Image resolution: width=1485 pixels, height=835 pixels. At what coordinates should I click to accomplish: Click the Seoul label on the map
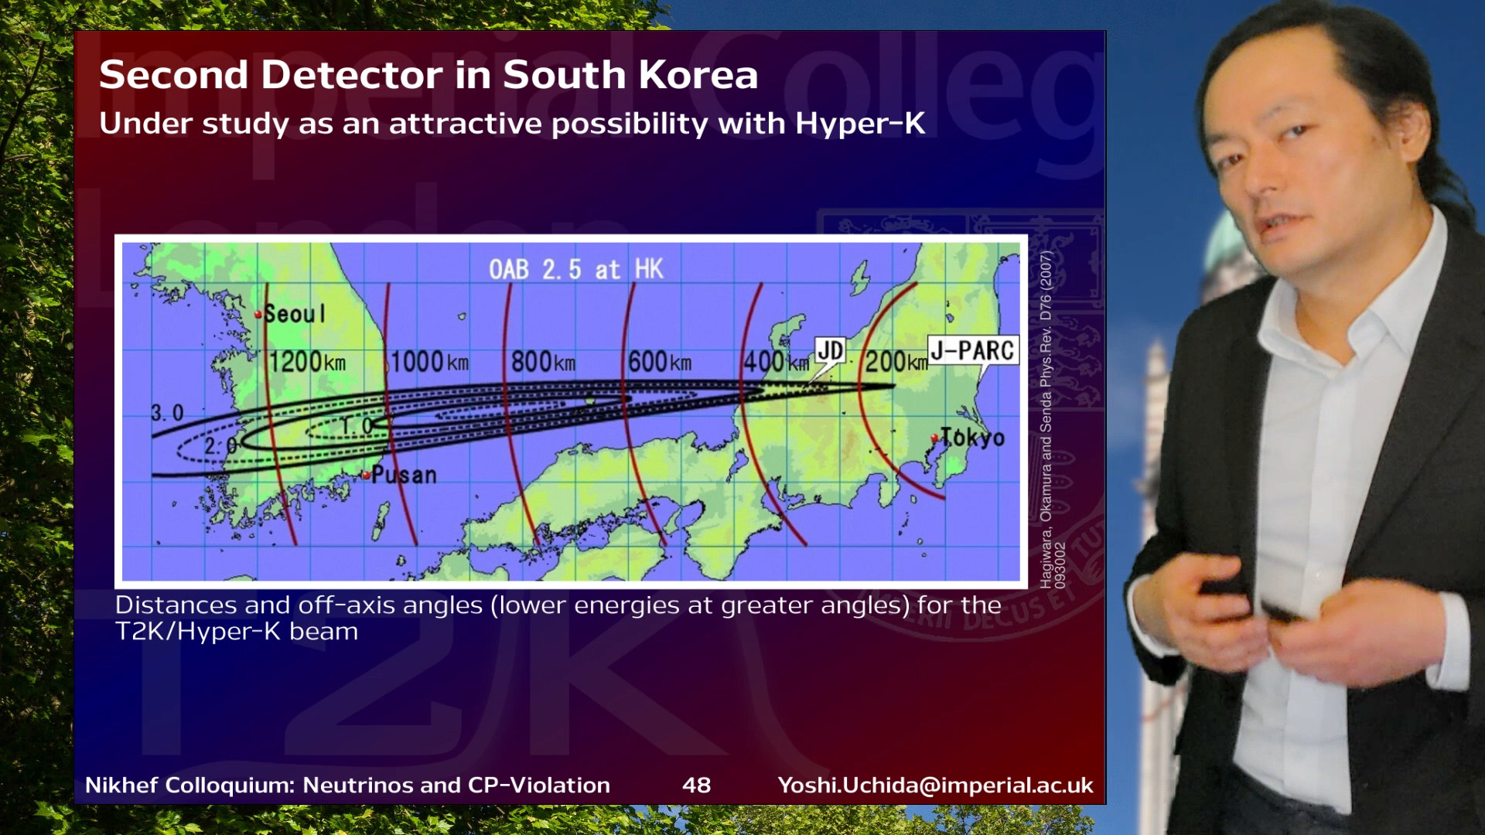tap(295, 314)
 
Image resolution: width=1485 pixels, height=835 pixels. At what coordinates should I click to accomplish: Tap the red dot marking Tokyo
tap(934, 438)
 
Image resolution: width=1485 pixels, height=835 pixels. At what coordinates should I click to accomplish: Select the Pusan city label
tap(404, 475)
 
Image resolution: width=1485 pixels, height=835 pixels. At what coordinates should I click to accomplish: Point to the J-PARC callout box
tap(973, 350)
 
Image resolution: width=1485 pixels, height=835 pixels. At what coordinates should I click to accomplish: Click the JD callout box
tap(830, 351)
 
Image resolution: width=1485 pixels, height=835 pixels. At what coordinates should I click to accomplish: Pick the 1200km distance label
tap(307, 361)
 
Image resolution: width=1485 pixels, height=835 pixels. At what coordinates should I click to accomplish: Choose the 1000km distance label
tap(429, 361)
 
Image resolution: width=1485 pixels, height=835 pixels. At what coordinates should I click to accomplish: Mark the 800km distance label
tap(543, 361)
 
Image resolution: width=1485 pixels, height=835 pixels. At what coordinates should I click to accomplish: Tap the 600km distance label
tap(660, 361)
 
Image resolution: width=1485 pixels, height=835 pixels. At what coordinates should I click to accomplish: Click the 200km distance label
tap(896, 361)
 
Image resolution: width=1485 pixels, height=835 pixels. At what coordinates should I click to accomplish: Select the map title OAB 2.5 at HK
tap(576, 269)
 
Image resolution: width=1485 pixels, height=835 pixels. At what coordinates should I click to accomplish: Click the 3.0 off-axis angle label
tap(167, 413)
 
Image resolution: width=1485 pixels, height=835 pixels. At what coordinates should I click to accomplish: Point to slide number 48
tap(697, 785)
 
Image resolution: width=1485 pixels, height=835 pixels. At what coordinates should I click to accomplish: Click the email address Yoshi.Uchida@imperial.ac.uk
tap(936, 785)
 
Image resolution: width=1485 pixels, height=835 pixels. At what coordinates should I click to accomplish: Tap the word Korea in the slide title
tap(698, 74)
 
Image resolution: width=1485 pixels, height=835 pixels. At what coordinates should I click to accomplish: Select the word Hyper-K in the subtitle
tap(860, 124)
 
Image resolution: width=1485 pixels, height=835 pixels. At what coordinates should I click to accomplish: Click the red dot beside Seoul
tap(258, 315)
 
